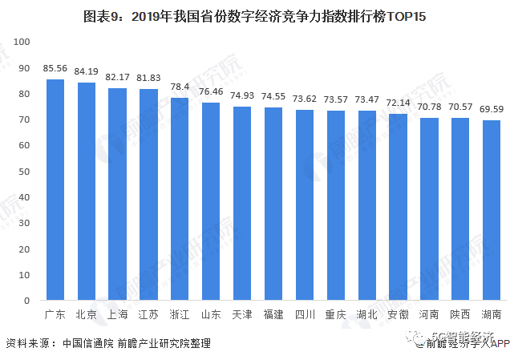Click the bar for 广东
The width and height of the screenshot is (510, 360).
tap(55, 190)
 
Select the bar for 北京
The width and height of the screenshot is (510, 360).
tap(87, 192)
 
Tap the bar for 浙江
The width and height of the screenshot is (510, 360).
tap(180, 200)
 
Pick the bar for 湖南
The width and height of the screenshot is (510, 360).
tap(491, 211)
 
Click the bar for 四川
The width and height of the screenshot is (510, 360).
tap(304, 205)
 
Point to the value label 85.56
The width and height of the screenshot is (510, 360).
tap(55, 69)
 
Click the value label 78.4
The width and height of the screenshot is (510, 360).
tap(180, 87)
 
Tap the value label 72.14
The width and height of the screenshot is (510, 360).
tap(398, 103)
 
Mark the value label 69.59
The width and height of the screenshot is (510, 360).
tap(491, 110)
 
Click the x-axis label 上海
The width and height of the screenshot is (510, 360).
tap(118, 314)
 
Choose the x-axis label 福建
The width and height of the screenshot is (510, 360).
tap(273, 314)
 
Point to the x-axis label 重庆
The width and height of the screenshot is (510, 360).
tap(335, 314)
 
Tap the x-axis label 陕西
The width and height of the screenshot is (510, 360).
tap(459, 314)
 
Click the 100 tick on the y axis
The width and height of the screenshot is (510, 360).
tap(22, 42)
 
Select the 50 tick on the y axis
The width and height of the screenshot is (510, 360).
tap(24, 172)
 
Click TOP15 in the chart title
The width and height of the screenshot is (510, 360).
tap(407, 16)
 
